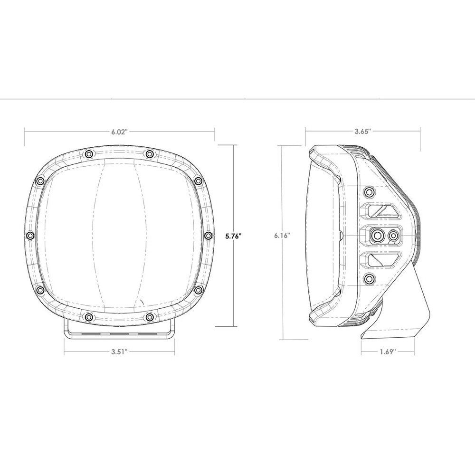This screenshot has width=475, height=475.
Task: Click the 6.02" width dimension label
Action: point(120,133)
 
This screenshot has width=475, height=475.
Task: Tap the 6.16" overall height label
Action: point(282,235)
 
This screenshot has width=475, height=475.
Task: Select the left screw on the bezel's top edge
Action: point(88,153)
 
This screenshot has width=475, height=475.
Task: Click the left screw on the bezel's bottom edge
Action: point(88,316)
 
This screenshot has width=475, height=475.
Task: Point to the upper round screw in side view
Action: point(369,191)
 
